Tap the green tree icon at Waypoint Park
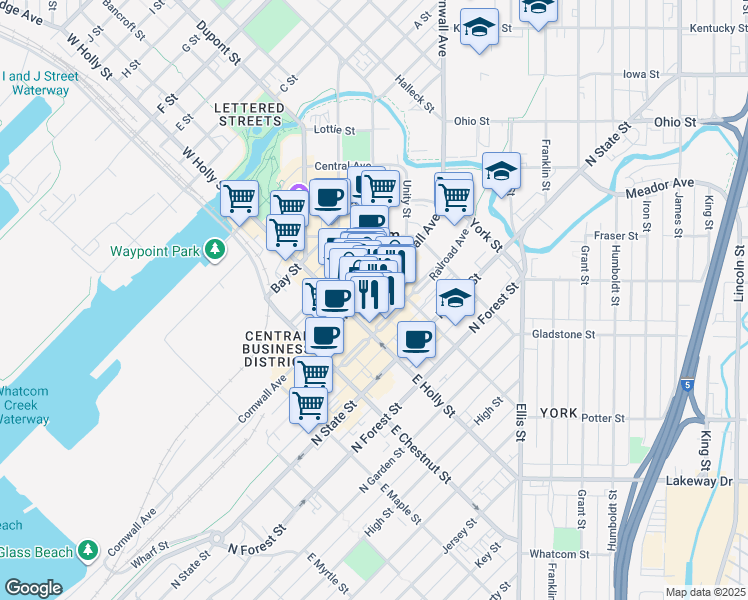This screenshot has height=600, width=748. click(214, 249)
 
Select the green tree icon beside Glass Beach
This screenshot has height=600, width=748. click(88, 551)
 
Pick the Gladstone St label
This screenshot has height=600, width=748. click(563, 334)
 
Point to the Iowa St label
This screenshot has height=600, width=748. click(641, 74)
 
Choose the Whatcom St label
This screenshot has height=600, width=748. click(558, 554)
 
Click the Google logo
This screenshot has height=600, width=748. click(33, 587)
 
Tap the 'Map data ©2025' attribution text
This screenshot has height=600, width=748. click(706, 592)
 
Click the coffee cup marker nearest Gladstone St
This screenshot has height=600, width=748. click(416, 339)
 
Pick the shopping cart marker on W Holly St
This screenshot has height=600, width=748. click(239, 198)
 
